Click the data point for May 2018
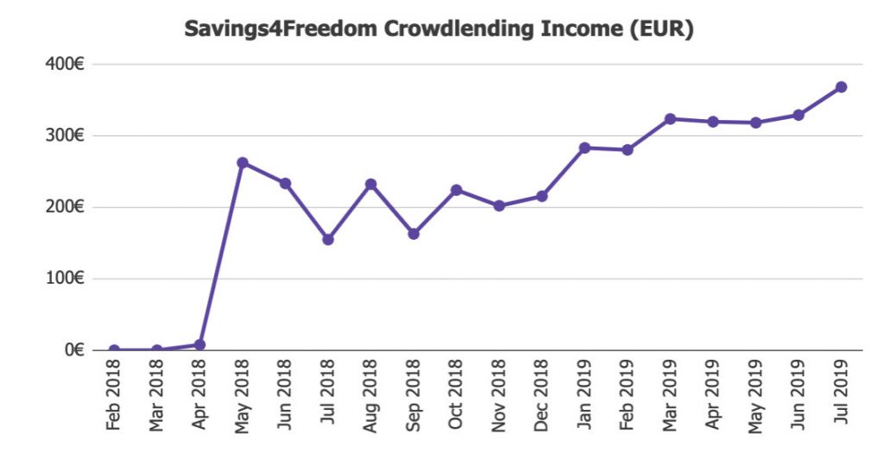tap(243, 163)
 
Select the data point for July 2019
tap(841, 87)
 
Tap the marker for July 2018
tap(328, 240)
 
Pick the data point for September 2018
tap(414, 234)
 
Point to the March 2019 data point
tap(670, 119)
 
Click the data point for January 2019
tap(584, 148)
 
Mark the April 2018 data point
tap(200, 345)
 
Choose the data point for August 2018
tap(370, 185)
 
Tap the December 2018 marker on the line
tap(541, 197)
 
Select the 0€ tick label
tap(73, 350)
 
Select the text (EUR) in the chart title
tap(663, 28)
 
